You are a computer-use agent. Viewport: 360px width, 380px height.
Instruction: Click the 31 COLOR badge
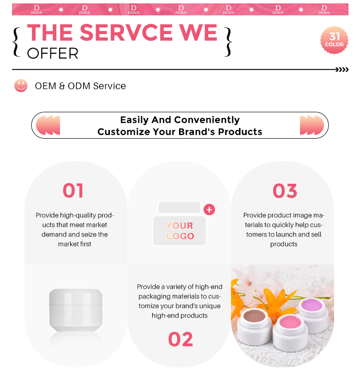click(334, 40)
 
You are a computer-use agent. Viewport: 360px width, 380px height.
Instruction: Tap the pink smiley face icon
click(21, 85)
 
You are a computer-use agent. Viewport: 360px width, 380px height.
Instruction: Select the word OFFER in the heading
click(53, 53)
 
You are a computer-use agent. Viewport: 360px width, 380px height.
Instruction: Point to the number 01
click(73, 191)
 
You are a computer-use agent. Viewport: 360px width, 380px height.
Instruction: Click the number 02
click(180, 339)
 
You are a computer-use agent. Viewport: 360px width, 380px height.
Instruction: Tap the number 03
click(285, 191)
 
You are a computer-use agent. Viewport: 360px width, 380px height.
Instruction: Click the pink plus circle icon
click(209, 210)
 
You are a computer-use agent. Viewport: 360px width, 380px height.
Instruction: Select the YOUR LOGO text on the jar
click(180, 231)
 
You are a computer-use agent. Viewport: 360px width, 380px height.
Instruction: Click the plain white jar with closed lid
click(76, 310)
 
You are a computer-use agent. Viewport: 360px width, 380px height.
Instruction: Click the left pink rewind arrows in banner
click(48, 125)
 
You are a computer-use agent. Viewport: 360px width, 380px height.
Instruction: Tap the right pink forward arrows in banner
click(312, 125)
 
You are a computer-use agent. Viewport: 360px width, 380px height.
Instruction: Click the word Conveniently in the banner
click(207, 120)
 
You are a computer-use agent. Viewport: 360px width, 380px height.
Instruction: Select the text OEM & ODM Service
click(81, 86)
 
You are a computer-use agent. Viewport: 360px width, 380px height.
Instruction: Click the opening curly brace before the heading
click(16, 42)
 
